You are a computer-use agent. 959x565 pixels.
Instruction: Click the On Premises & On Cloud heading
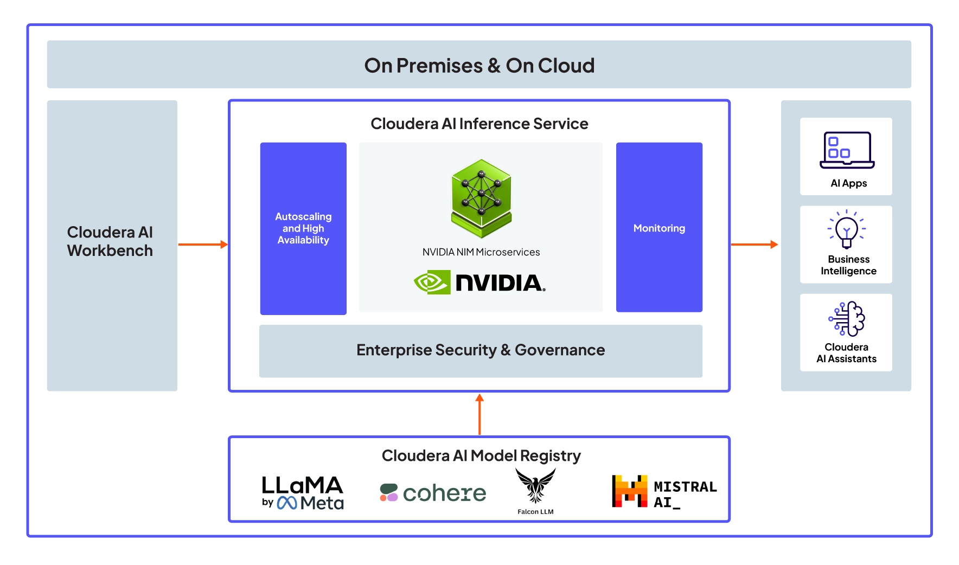point(479,66)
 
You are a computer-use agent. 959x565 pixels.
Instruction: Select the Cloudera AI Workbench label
point(110,241)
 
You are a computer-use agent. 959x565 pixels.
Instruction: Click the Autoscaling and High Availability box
point(303,228)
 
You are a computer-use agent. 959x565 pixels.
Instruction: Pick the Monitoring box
point(659,228)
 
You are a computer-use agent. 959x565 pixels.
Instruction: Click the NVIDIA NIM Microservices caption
point(481,252)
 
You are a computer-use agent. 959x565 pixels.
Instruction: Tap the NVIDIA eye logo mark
point(432,282)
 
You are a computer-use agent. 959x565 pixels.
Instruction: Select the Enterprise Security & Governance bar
point(481,350)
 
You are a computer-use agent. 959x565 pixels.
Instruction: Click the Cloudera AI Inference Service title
point(479,124)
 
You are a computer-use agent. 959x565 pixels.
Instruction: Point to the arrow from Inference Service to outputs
point(755,245)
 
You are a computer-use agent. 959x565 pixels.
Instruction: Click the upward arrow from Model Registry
point(479,414)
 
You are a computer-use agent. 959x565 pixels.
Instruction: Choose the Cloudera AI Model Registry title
point(481,455)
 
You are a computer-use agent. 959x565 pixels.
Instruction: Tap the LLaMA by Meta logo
point(303,493)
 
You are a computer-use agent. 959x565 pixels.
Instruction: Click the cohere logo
point(433,493)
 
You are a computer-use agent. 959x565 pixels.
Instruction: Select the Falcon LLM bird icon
point(535,485)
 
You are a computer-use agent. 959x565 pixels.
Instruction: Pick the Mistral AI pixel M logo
point(629,491)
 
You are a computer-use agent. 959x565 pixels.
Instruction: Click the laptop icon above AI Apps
point(847,150)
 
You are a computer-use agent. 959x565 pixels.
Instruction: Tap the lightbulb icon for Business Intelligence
point(846,229)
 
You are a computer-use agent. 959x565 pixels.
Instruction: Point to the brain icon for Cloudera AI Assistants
point(847,319)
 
